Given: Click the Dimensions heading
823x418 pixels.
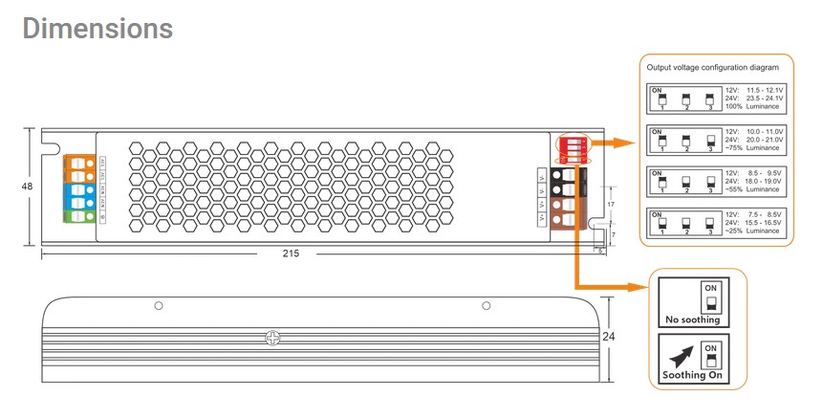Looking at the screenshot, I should point(97,29).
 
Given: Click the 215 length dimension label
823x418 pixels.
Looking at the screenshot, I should point(291,253).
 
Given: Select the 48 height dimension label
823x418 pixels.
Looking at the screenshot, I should point(26,187).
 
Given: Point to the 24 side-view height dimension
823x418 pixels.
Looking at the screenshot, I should point(608,337).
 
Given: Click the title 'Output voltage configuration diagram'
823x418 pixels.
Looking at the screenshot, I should point(719,69).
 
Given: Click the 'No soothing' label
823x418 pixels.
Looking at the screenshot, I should point(691,319).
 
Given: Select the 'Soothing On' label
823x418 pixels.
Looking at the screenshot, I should point(691,377).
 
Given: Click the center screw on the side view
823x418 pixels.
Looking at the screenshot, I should point(272,337).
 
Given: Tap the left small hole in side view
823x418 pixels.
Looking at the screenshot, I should point(159,306).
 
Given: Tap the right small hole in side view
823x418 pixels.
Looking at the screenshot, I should point(486,306).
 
